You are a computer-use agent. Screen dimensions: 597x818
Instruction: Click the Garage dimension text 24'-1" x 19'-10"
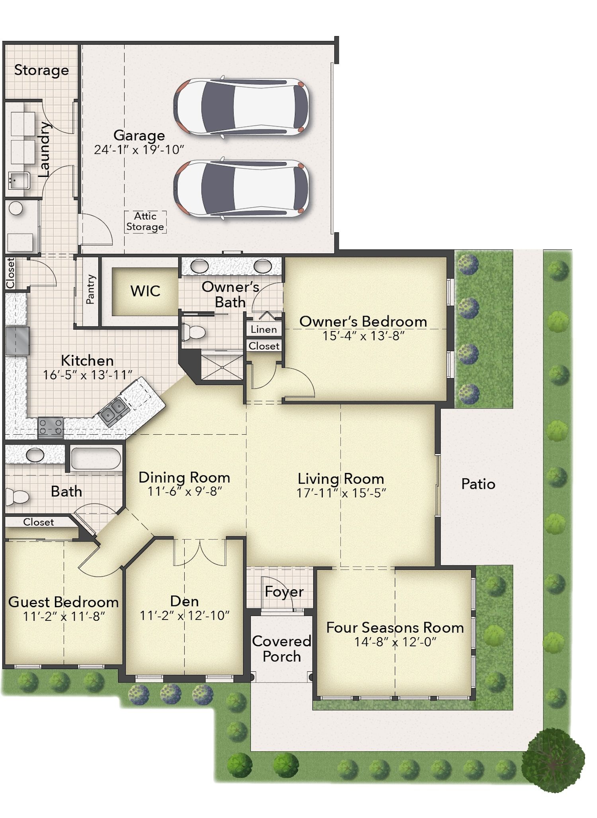click(x=139, y=150)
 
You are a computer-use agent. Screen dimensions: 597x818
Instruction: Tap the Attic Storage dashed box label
click(x=145, y=222)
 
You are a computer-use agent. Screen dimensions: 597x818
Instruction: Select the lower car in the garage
click(x=241, y=188)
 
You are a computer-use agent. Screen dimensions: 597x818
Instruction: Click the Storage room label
click(x=41, y=70)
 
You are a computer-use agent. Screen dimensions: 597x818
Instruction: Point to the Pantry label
click(x=91, y=289)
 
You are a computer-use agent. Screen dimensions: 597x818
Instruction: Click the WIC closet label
click(x=145, y=291)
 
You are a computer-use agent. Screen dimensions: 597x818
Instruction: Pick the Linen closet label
click(x=263, y=330)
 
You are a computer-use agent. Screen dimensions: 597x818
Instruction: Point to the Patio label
click(x=478, y=484)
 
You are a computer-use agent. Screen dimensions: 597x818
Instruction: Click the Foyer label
click(x=284, y=592)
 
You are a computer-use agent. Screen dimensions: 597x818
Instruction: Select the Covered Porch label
click(x=282, y=648)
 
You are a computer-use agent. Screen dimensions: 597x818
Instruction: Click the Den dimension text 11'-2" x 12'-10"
click(x=184, y=616)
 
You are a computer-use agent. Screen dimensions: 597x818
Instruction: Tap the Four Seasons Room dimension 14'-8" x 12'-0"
click(x=395, y=642)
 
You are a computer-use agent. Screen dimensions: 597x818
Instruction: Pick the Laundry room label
click(x=45, y=149)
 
